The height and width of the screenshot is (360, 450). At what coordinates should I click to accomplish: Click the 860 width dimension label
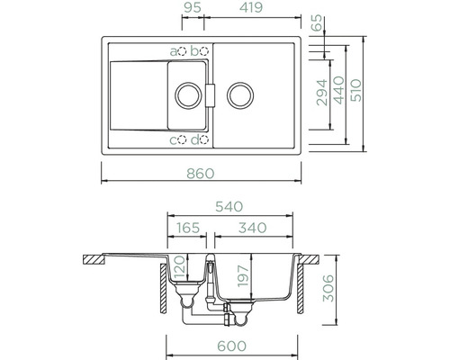pyautogui.click(x=201, y=174)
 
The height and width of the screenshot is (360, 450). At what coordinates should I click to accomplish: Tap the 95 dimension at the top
pyautogui.click(x=193, y=7)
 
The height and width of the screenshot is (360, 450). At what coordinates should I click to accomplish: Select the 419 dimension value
pyautogui.click(x=251, y=7)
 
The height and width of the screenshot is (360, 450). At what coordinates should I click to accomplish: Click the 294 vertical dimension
pyautogui.click(x=322, y=93)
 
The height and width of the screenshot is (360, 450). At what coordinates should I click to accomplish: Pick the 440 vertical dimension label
pyautogui.click(x=339, y=90)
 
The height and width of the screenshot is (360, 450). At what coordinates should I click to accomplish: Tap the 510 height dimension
pyautogui.click(x=356, y=90)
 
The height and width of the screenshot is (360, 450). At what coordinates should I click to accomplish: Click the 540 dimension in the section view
pyautogui.click(x=229, y=207)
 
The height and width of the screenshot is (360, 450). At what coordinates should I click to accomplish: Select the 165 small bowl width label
pyautogui.click(x=188, y=228)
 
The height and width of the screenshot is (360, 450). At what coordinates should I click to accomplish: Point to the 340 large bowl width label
pyautogui.click(x=252, y=228)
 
